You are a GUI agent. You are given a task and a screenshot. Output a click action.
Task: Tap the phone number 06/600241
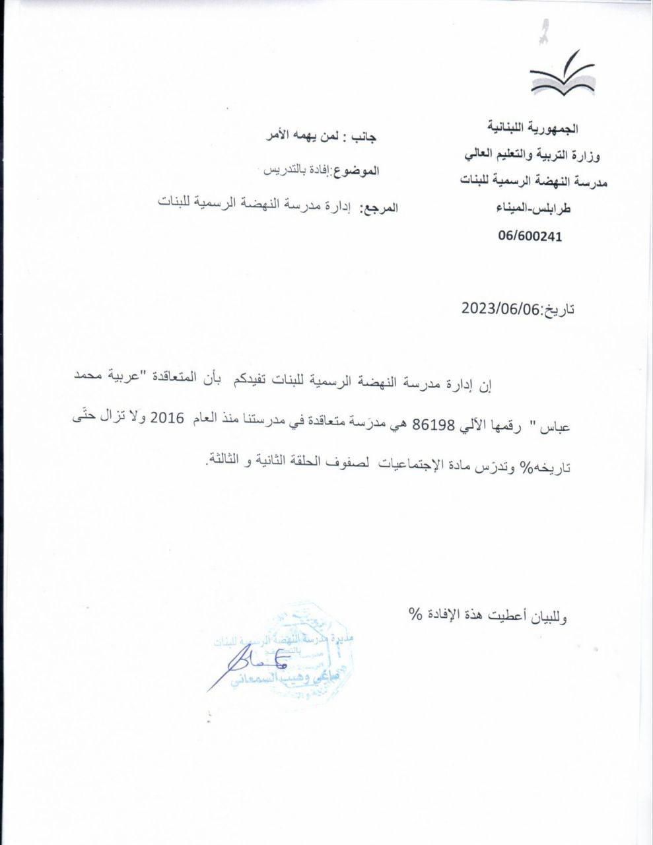530,236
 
